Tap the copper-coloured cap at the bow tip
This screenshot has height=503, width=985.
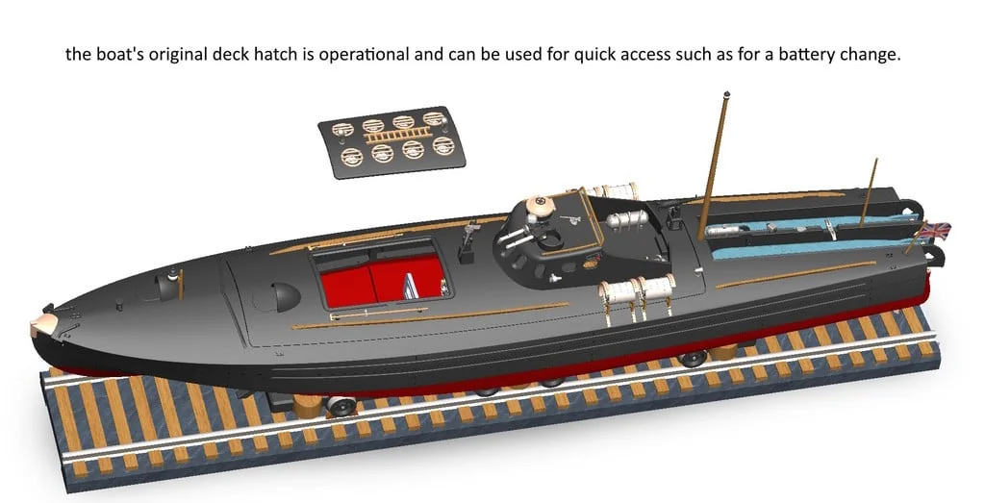[x=44, y=325]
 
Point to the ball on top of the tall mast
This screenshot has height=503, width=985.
[x=727, y=94]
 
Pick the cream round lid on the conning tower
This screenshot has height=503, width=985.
[x=540, y=204]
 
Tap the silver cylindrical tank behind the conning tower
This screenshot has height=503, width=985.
[x=625, y=220]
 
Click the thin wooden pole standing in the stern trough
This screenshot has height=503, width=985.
[x=869, y=192]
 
